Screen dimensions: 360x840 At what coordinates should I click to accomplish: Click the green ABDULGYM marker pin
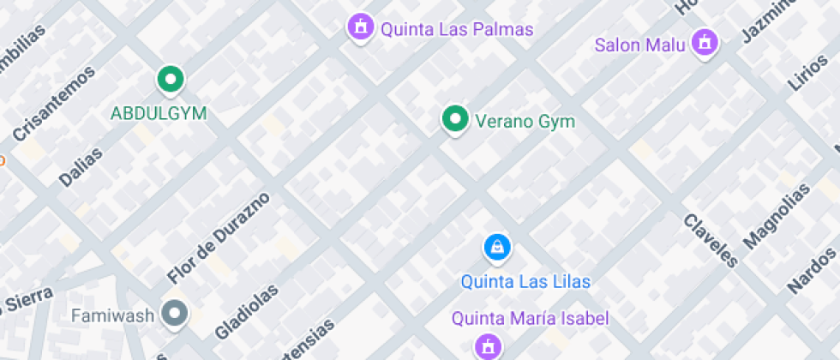pos(171,81)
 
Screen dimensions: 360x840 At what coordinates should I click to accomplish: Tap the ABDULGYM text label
pos(159,112)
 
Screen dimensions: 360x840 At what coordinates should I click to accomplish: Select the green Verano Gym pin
pos(454,120)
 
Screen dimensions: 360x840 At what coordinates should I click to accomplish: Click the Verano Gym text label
pos(525,122)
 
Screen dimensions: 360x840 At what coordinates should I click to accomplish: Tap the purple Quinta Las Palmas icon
pos(361,27)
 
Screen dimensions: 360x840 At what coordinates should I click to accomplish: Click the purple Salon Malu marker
pos(705,41)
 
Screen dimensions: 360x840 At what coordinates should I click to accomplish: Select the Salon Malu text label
pos(640,45)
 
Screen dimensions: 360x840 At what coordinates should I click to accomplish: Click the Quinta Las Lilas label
pos(525,281)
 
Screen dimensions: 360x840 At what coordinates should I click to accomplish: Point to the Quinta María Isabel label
pos(531,319)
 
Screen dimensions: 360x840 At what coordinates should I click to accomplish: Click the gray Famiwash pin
pos(177,315)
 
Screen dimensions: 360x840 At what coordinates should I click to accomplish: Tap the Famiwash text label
pos(112,315)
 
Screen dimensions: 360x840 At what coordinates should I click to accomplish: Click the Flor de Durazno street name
pos(219,238)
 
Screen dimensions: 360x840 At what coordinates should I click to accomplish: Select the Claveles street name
pos(711,239)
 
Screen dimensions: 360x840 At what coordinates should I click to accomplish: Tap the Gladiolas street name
pos(245,311)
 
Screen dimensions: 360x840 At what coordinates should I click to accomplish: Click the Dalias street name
pos(81,167)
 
